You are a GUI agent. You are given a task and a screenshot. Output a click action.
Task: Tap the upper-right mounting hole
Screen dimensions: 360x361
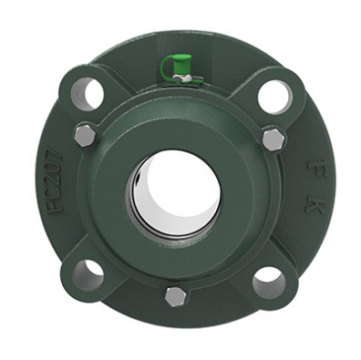pos(273,96)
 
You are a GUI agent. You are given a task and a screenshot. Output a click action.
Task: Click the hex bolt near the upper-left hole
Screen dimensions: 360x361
pos(83,136)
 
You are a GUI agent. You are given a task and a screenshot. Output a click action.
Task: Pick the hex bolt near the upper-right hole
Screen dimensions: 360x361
pos(273,139)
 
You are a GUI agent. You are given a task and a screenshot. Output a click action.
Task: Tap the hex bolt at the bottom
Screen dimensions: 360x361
pos(176,296)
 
